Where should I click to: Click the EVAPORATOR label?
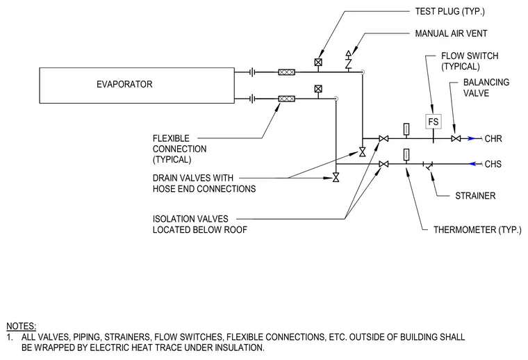[x=124, y=84]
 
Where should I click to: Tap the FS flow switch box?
[x=434, y=122]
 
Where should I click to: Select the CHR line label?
[x=493, y=139]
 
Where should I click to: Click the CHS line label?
[x=493, y=164]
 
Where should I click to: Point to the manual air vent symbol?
[x=349, y=61]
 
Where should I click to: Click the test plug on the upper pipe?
[x=318, y=63]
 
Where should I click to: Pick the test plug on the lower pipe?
[x=318, y=89]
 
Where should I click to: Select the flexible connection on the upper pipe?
[x=286, y=72]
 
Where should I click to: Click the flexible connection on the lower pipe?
[x=286, y=99]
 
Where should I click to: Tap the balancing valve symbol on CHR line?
[x=456, y=138]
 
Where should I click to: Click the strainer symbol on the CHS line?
[x=428, y=165]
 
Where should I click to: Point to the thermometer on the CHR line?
[x=406, y=130]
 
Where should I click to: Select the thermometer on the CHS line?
[x=406, y=156]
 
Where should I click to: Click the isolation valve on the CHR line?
[x=383, y=138]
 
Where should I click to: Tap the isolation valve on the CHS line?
[x=383, y=164]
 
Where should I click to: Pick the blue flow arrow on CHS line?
[x=473, y=164]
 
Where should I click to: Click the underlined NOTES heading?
[x=22, y=326]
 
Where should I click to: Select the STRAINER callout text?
[x=475, y=196]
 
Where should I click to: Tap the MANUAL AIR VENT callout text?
[x=451, y=33]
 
